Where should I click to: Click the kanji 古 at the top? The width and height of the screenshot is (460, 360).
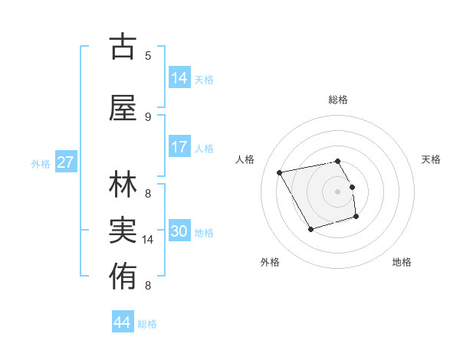[123, 47]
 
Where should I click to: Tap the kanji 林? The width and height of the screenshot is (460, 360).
[123, 186]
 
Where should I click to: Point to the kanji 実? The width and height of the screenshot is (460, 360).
[123, 230]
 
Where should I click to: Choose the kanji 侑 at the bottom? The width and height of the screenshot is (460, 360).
[123, 274]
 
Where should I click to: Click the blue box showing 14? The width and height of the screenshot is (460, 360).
[179, 78]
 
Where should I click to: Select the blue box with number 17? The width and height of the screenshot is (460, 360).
[179, 147]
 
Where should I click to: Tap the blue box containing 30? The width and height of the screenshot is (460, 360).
[179, 231]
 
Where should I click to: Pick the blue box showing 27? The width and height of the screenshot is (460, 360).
[65, 162]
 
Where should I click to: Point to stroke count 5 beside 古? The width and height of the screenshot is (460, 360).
[148, 56]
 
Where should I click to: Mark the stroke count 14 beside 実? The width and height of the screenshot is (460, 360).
[148, 240]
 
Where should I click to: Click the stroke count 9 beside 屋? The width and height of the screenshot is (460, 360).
[148, 116]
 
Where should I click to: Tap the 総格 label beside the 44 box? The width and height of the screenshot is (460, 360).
[147, 324]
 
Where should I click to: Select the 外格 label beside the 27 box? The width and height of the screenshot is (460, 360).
[41, 164]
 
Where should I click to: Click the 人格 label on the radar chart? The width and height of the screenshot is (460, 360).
[245, 159]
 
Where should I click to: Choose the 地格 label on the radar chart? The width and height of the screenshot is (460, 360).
[402, 262]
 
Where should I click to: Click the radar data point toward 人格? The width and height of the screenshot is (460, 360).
[280, 172]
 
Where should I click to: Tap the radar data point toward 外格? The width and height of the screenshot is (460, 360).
[310, 229]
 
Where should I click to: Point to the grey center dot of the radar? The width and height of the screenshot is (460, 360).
[337, 191]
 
